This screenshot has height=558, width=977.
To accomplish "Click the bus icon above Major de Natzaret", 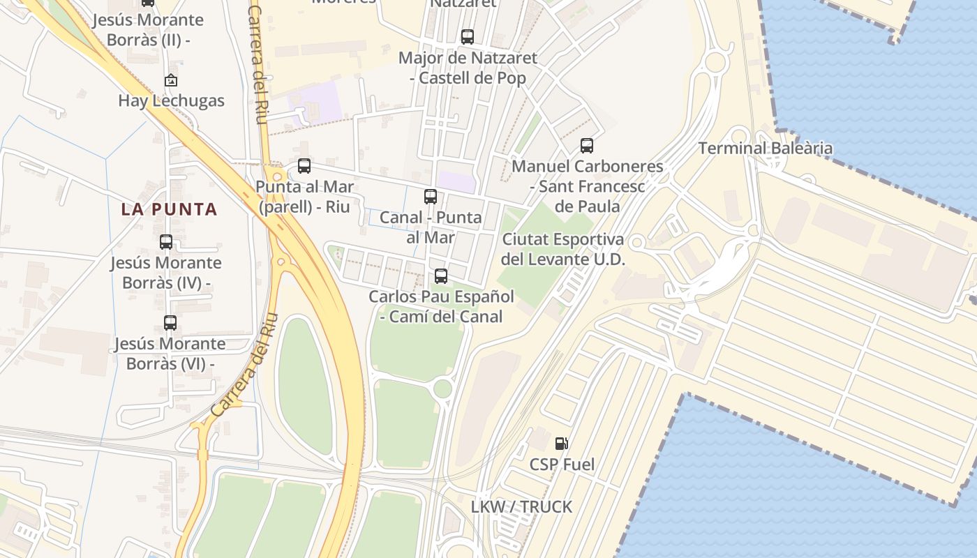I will tap(468, 37).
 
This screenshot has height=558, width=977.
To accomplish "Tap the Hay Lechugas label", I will tap(171, 100).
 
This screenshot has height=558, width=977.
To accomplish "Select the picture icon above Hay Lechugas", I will tap(171, 81).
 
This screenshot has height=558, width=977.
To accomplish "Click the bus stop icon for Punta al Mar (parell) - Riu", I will tap(304, 166).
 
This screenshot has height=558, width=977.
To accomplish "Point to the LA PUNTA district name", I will tap(170, 209).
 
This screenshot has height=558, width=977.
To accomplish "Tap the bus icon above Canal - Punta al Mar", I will tap(431, 197).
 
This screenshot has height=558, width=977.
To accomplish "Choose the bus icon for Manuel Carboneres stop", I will tap(587, 146).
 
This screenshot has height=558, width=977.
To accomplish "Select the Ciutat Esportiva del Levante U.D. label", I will tap(562, 249).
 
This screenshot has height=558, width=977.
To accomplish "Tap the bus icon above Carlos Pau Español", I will tap(441, 276).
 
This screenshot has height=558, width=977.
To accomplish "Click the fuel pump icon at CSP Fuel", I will tap(562, 443).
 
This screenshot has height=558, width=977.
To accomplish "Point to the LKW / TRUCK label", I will tap(521, 507).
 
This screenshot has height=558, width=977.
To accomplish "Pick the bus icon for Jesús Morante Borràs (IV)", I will tap(166, 242).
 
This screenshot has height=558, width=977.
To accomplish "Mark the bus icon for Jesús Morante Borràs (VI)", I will tap(170, 323).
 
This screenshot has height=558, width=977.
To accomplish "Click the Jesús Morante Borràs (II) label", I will tap(149, 30).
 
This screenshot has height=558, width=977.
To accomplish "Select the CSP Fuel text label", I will tap(562, 465).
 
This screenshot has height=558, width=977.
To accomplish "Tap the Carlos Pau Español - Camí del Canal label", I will tap(441, 306).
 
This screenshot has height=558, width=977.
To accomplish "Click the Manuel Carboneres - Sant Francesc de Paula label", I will tap(587, 186).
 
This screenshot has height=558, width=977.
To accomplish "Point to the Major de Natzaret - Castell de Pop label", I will tap(468, 68).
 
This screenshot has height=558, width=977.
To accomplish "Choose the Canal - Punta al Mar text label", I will tap(431, 227).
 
